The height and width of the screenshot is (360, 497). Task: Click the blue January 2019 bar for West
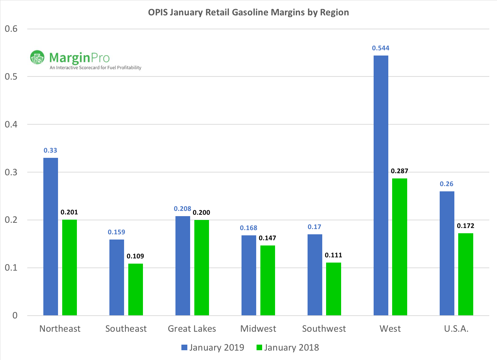click(381, 185)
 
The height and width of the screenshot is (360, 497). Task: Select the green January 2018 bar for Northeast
click(70, 267)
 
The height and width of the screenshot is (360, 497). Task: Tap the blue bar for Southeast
click(116, 277)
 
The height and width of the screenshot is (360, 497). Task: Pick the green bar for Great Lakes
click(202, 267)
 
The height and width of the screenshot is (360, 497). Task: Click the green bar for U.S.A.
click(466, 274)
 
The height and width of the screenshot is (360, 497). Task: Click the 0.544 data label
click(381, 48)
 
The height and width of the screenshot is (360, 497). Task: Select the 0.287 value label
click(399, 171)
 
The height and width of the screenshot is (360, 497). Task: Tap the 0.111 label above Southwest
click(333, 255)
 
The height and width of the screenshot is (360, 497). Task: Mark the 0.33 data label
click(50, 150)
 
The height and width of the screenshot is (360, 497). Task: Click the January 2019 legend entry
click(213, 347)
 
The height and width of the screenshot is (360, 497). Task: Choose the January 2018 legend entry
click(288, 347)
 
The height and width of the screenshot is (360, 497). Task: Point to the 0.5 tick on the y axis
click(11, 76)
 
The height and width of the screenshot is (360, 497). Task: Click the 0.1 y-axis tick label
click(11, 268)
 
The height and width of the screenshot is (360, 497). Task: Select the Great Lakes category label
click(192, 329)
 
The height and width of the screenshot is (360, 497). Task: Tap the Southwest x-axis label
click(324, 329)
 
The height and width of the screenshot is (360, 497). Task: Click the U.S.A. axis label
click(456, 329)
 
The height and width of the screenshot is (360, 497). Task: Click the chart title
click(249, 12)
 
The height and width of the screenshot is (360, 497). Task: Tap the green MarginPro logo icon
click(37, 58)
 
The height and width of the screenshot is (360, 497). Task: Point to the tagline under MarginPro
click(95, 68)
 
